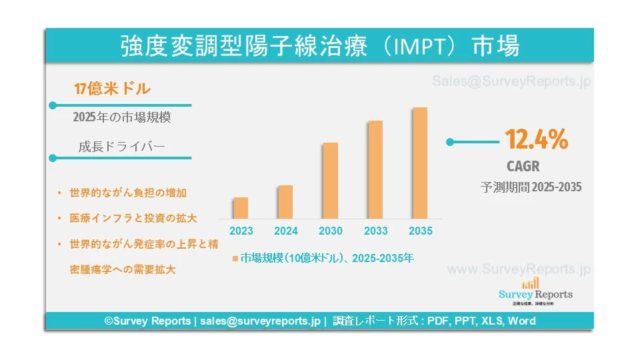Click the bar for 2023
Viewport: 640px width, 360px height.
click(x=241, y=208)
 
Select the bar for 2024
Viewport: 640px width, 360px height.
click(x=285, y=202)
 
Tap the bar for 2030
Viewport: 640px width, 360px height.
click(x=330, y=181)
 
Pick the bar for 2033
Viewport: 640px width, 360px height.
click(x=375, y=170)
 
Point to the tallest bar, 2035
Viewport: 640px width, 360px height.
click(x=419, y=163)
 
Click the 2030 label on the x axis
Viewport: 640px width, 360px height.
click(x=331, y=231)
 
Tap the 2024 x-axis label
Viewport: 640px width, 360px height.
click(x=285, y=231)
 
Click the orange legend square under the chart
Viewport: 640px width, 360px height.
click(x=235, y=257)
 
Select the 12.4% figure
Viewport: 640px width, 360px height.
click(x=536, y=140)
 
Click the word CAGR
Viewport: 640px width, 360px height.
click(x=523, y=166)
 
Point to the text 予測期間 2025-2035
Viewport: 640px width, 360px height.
click(x=531, y=187)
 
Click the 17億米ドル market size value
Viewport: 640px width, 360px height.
click(x=112, y=88)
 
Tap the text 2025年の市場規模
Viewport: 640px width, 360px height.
click(x=122, y=117)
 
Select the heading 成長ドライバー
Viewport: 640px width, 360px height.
click(x=121, y=147)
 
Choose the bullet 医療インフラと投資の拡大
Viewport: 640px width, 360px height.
click(x=133, y=218)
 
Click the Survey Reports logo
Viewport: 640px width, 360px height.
click(x=535, y=290)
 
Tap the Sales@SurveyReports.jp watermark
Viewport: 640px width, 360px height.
click(x=511, y=81)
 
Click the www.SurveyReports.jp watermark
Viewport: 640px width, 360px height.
click(x=519, y=269)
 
